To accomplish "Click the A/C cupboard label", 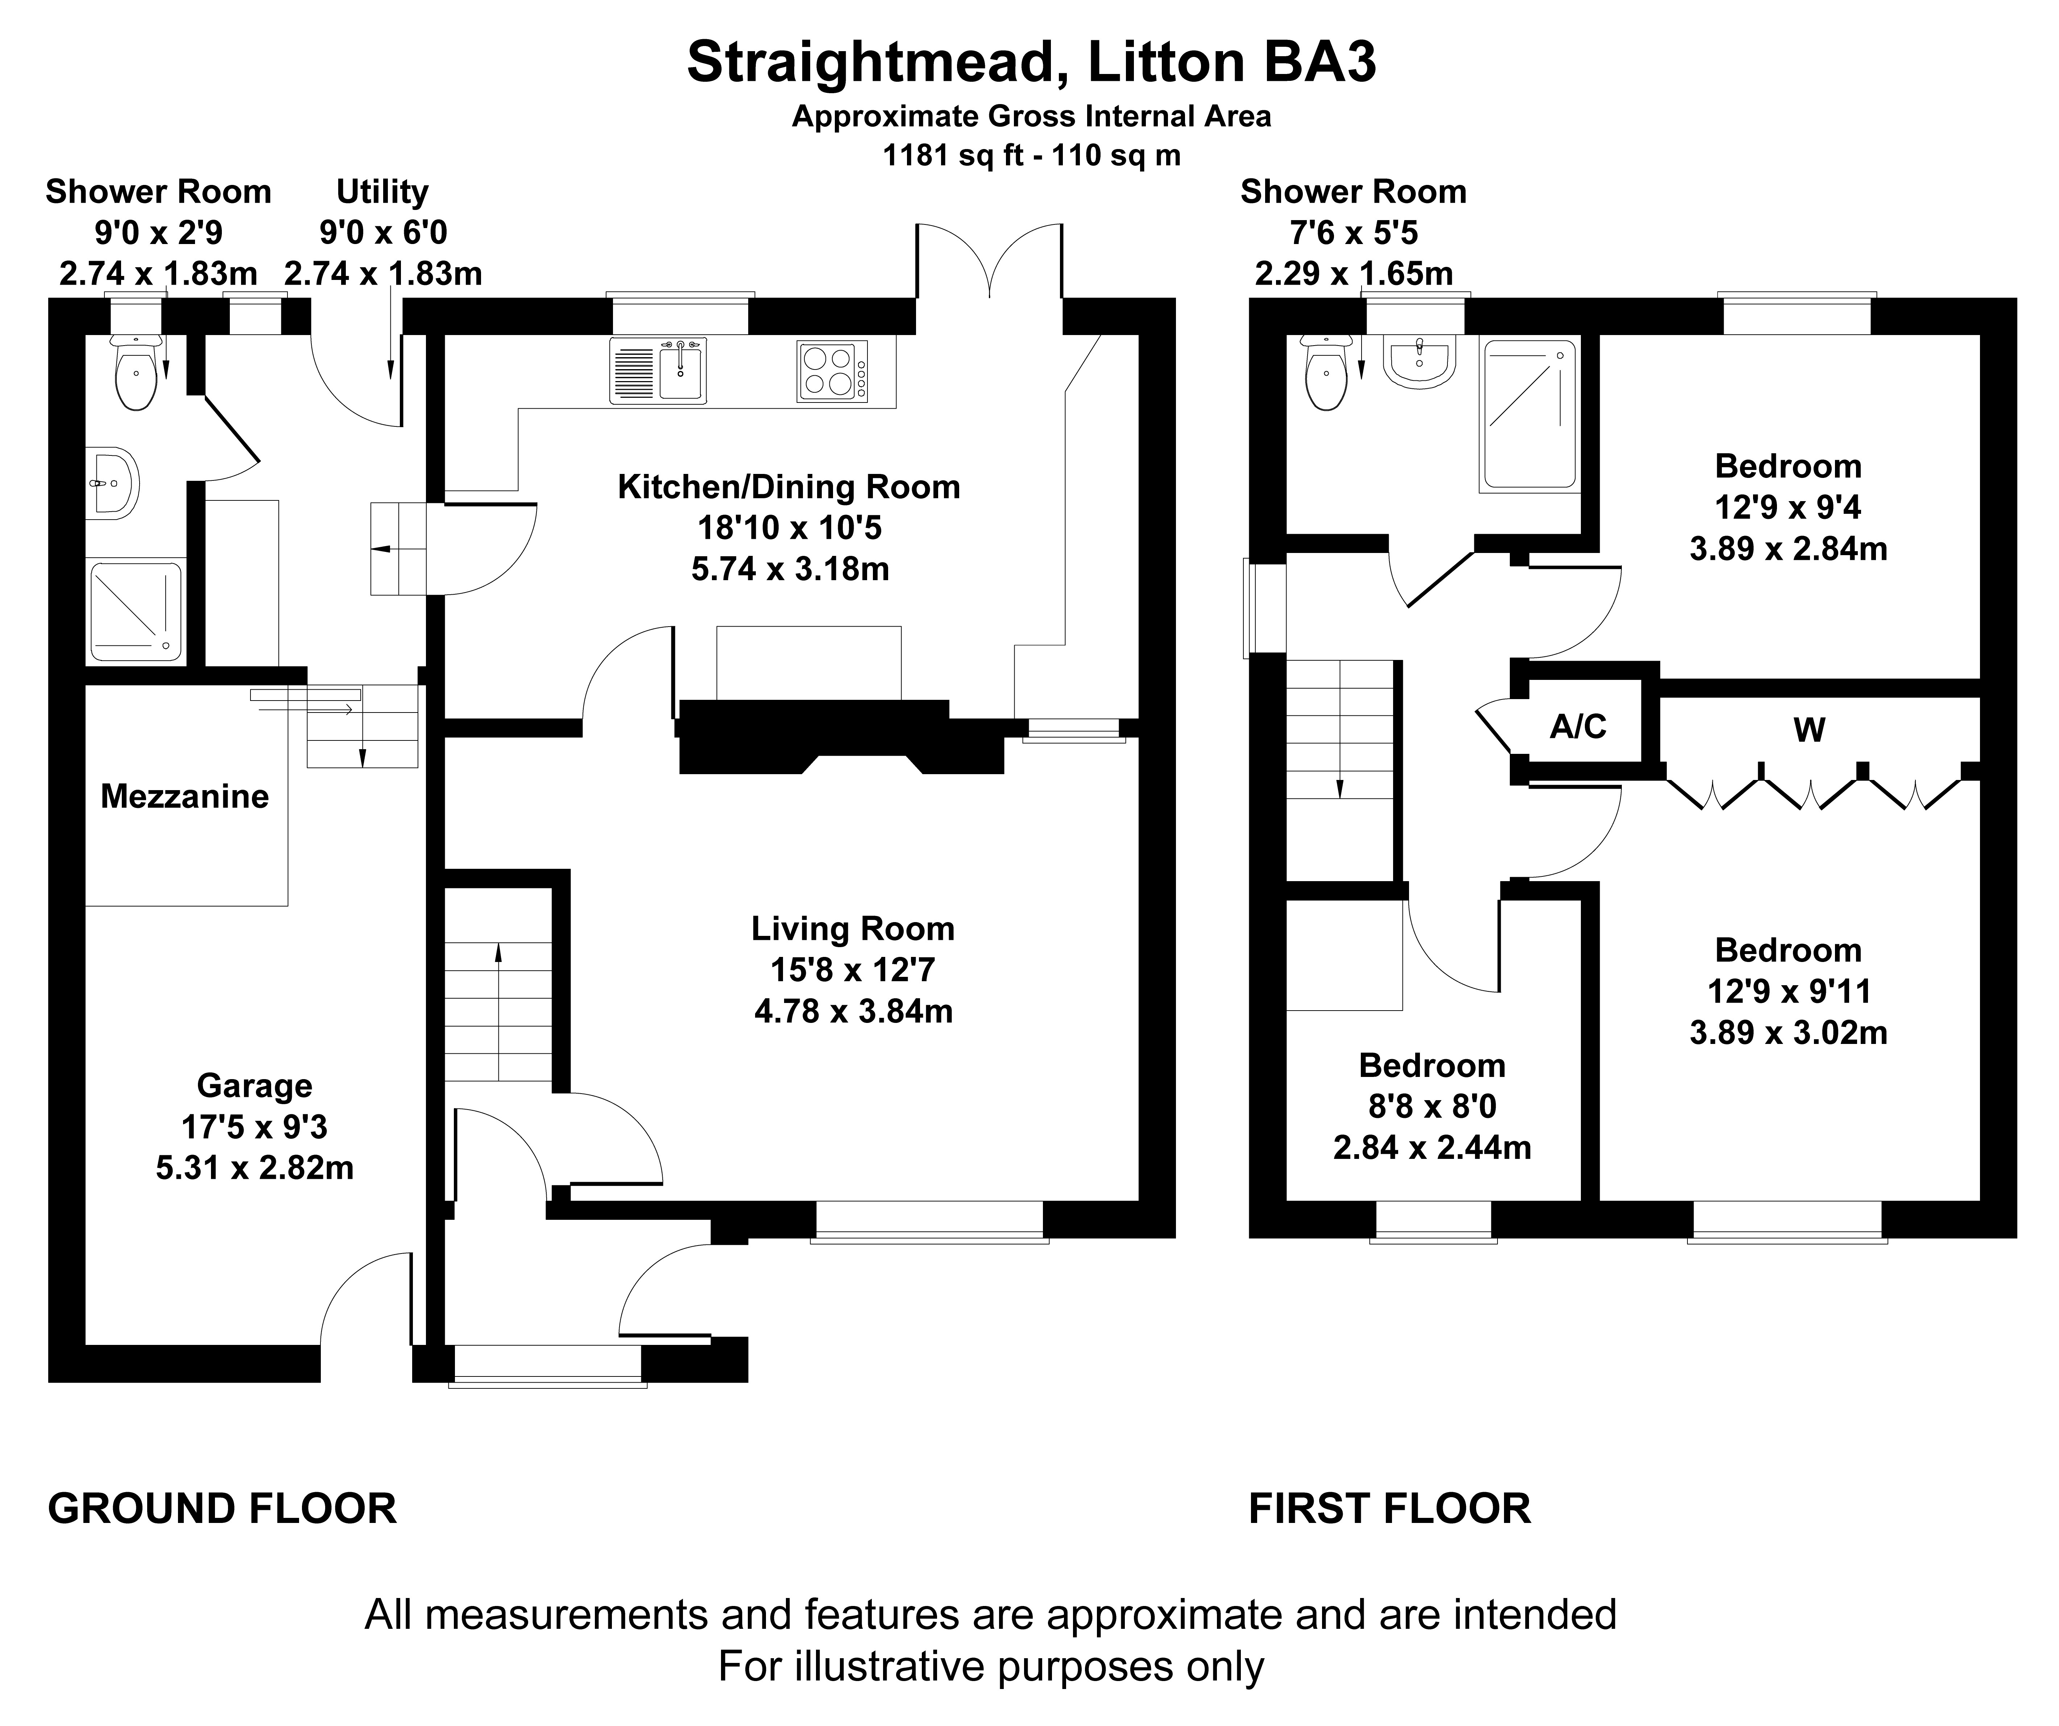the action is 1578,727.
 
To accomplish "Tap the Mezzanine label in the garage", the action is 184,796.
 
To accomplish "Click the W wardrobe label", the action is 1809,731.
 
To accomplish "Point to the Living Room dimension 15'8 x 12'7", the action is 853,970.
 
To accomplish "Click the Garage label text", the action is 255,1086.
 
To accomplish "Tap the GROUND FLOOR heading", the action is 223,1508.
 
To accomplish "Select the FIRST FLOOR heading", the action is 1389,1508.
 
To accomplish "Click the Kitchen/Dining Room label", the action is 789,487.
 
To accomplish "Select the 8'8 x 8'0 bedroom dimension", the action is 1433,1106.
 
